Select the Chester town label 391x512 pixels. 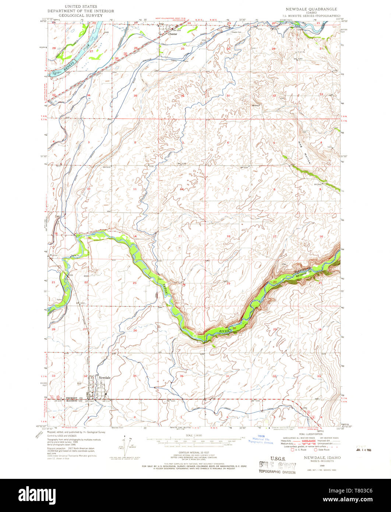pyautogui.click(x=173, y=34)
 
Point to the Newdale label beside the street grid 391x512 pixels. pyautogui.click(x=105, y=378)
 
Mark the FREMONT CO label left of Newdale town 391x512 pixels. pyautogui.click(x=73, y=399)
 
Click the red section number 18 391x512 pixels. pyautogui.click(x=228, y=236)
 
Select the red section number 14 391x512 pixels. pyautogui.click(x=135, y=236)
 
